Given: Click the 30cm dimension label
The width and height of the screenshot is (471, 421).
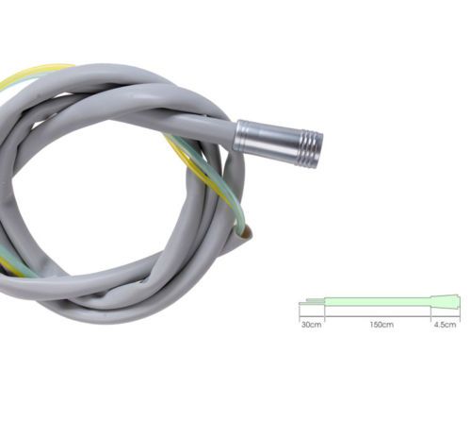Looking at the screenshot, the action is (311, 325).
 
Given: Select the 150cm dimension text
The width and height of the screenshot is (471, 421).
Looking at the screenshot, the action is (382, 325).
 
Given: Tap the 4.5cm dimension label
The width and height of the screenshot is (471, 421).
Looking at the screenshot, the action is (445, 325).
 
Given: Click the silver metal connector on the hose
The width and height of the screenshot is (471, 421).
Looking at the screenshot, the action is (278, 143).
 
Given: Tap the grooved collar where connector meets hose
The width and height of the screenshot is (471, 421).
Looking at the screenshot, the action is (240, 136).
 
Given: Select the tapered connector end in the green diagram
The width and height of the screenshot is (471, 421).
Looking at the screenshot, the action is (445, 302).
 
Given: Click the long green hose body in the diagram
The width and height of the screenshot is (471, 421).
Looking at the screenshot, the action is (378, 302).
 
